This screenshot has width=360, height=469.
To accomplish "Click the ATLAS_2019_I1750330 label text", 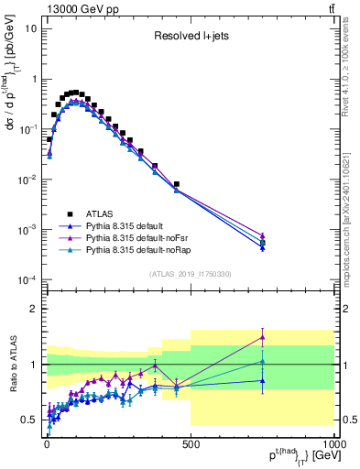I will coord(190,273).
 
